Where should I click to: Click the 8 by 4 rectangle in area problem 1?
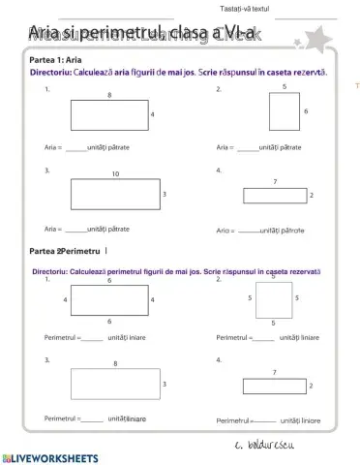coord(108,114)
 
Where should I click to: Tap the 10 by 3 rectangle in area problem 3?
coord(114,195)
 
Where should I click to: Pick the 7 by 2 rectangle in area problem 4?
coord(275,196)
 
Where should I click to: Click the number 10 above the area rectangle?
coord(115,174)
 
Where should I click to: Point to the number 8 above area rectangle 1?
coord(108,94)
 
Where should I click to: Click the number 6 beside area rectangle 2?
coord(306,112)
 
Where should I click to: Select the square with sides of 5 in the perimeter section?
coord(273,299)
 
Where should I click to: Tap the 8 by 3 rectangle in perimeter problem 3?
coord(114,385)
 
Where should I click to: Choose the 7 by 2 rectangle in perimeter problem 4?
coord(275,386)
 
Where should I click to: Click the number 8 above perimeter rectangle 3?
coord(115,363)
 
